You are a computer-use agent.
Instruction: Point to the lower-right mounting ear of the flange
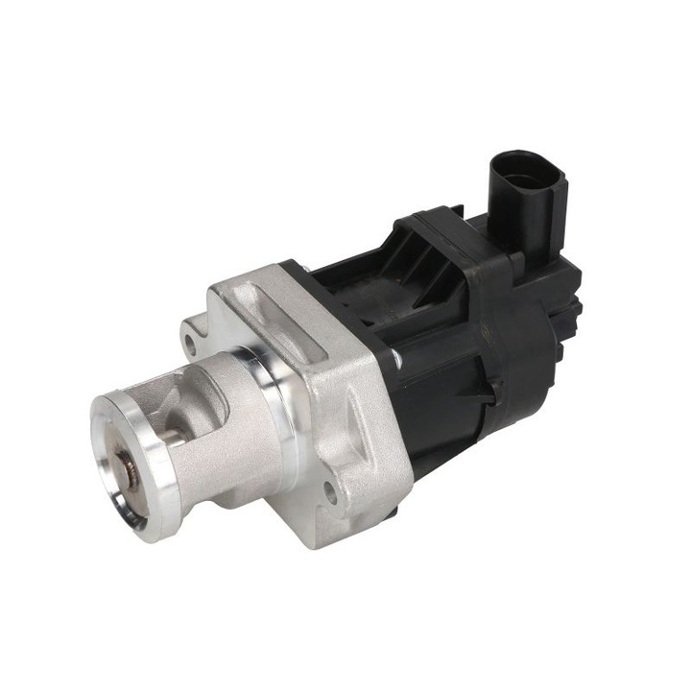coord(336,499)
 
